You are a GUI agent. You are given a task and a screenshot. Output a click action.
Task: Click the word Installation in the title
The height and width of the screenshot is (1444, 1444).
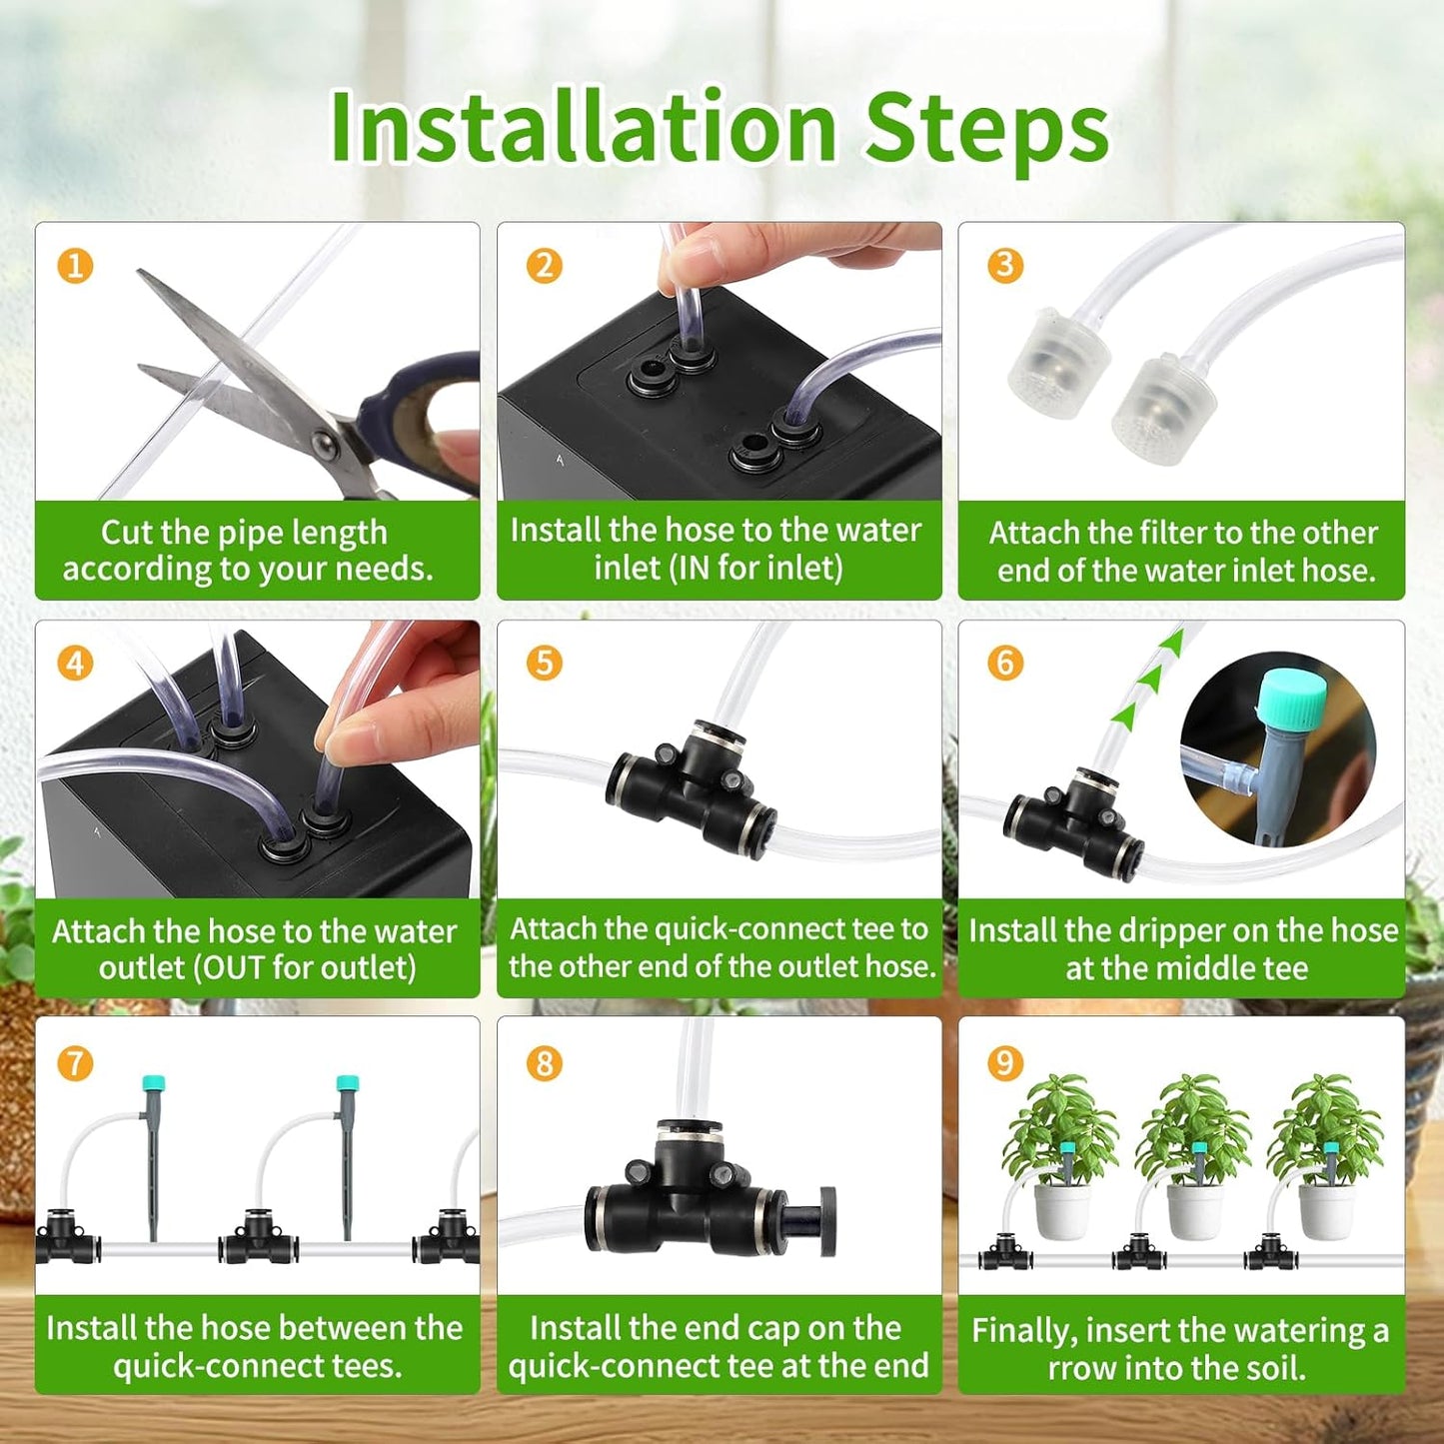(x=583, y=128)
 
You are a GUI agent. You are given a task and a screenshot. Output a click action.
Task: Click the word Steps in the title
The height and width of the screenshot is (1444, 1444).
(x=986, y=128)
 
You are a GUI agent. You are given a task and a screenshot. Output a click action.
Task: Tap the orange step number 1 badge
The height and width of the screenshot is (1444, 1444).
(x=75, y=266)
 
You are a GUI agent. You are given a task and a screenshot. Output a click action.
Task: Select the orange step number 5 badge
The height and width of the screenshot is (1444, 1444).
(x=544, y=663)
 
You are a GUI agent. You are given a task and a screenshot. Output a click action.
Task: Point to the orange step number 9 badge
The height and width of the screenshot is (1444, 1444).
(x=1005, y=1062)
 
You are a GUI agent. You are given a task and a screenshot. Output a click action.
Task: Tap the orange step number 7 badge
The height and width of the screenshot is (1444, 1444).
(x=75, y=1062)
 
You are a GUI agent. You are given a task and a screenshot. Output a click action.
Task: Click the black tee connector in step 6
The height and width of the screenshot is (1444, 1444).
(x=1074, y=819)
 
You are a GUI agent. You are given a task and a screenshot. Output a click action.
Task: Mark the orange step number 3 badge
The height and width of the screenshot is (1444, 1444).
(x=1005, y=266)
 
